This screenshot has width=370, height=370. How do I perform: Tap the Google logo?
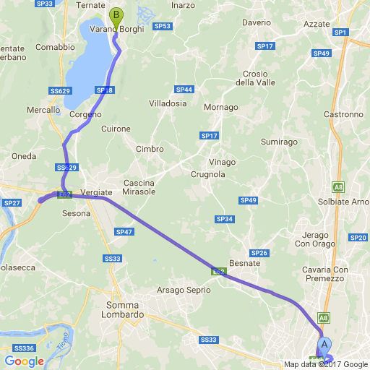point(24,361)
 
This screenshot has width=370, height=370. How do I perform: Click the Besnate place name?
point(244,264)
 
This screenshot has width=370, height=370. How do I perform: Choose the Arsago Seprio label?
point(182,291)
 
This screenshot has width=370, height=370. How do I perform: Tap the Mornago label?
point(221,108)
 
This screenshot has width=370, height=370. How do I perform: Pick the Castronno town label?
point(344,114)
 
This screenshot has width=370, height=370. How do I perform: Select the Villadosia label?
point(168,103)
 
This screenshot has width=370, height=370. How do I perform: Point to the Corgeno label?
point(85,114)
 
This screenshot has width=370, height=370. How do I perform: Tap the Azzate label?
point(317,24)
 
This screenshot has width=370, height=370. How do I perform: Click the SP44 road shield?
point(184,90)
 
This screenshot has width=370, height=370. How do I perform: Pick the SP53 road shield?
point(163,26)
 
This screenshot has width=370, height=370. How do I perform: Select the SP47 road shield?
point(124,232)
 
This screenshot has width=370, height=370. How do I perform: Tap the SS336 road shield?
point(23,348)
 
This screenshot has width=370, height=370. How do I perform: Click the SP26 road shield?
point(260,253)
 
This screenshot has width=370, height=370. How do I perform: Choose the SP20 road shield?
point(358,238)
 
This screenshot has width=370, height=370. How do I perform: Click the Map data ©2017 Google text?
point(326,364)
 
